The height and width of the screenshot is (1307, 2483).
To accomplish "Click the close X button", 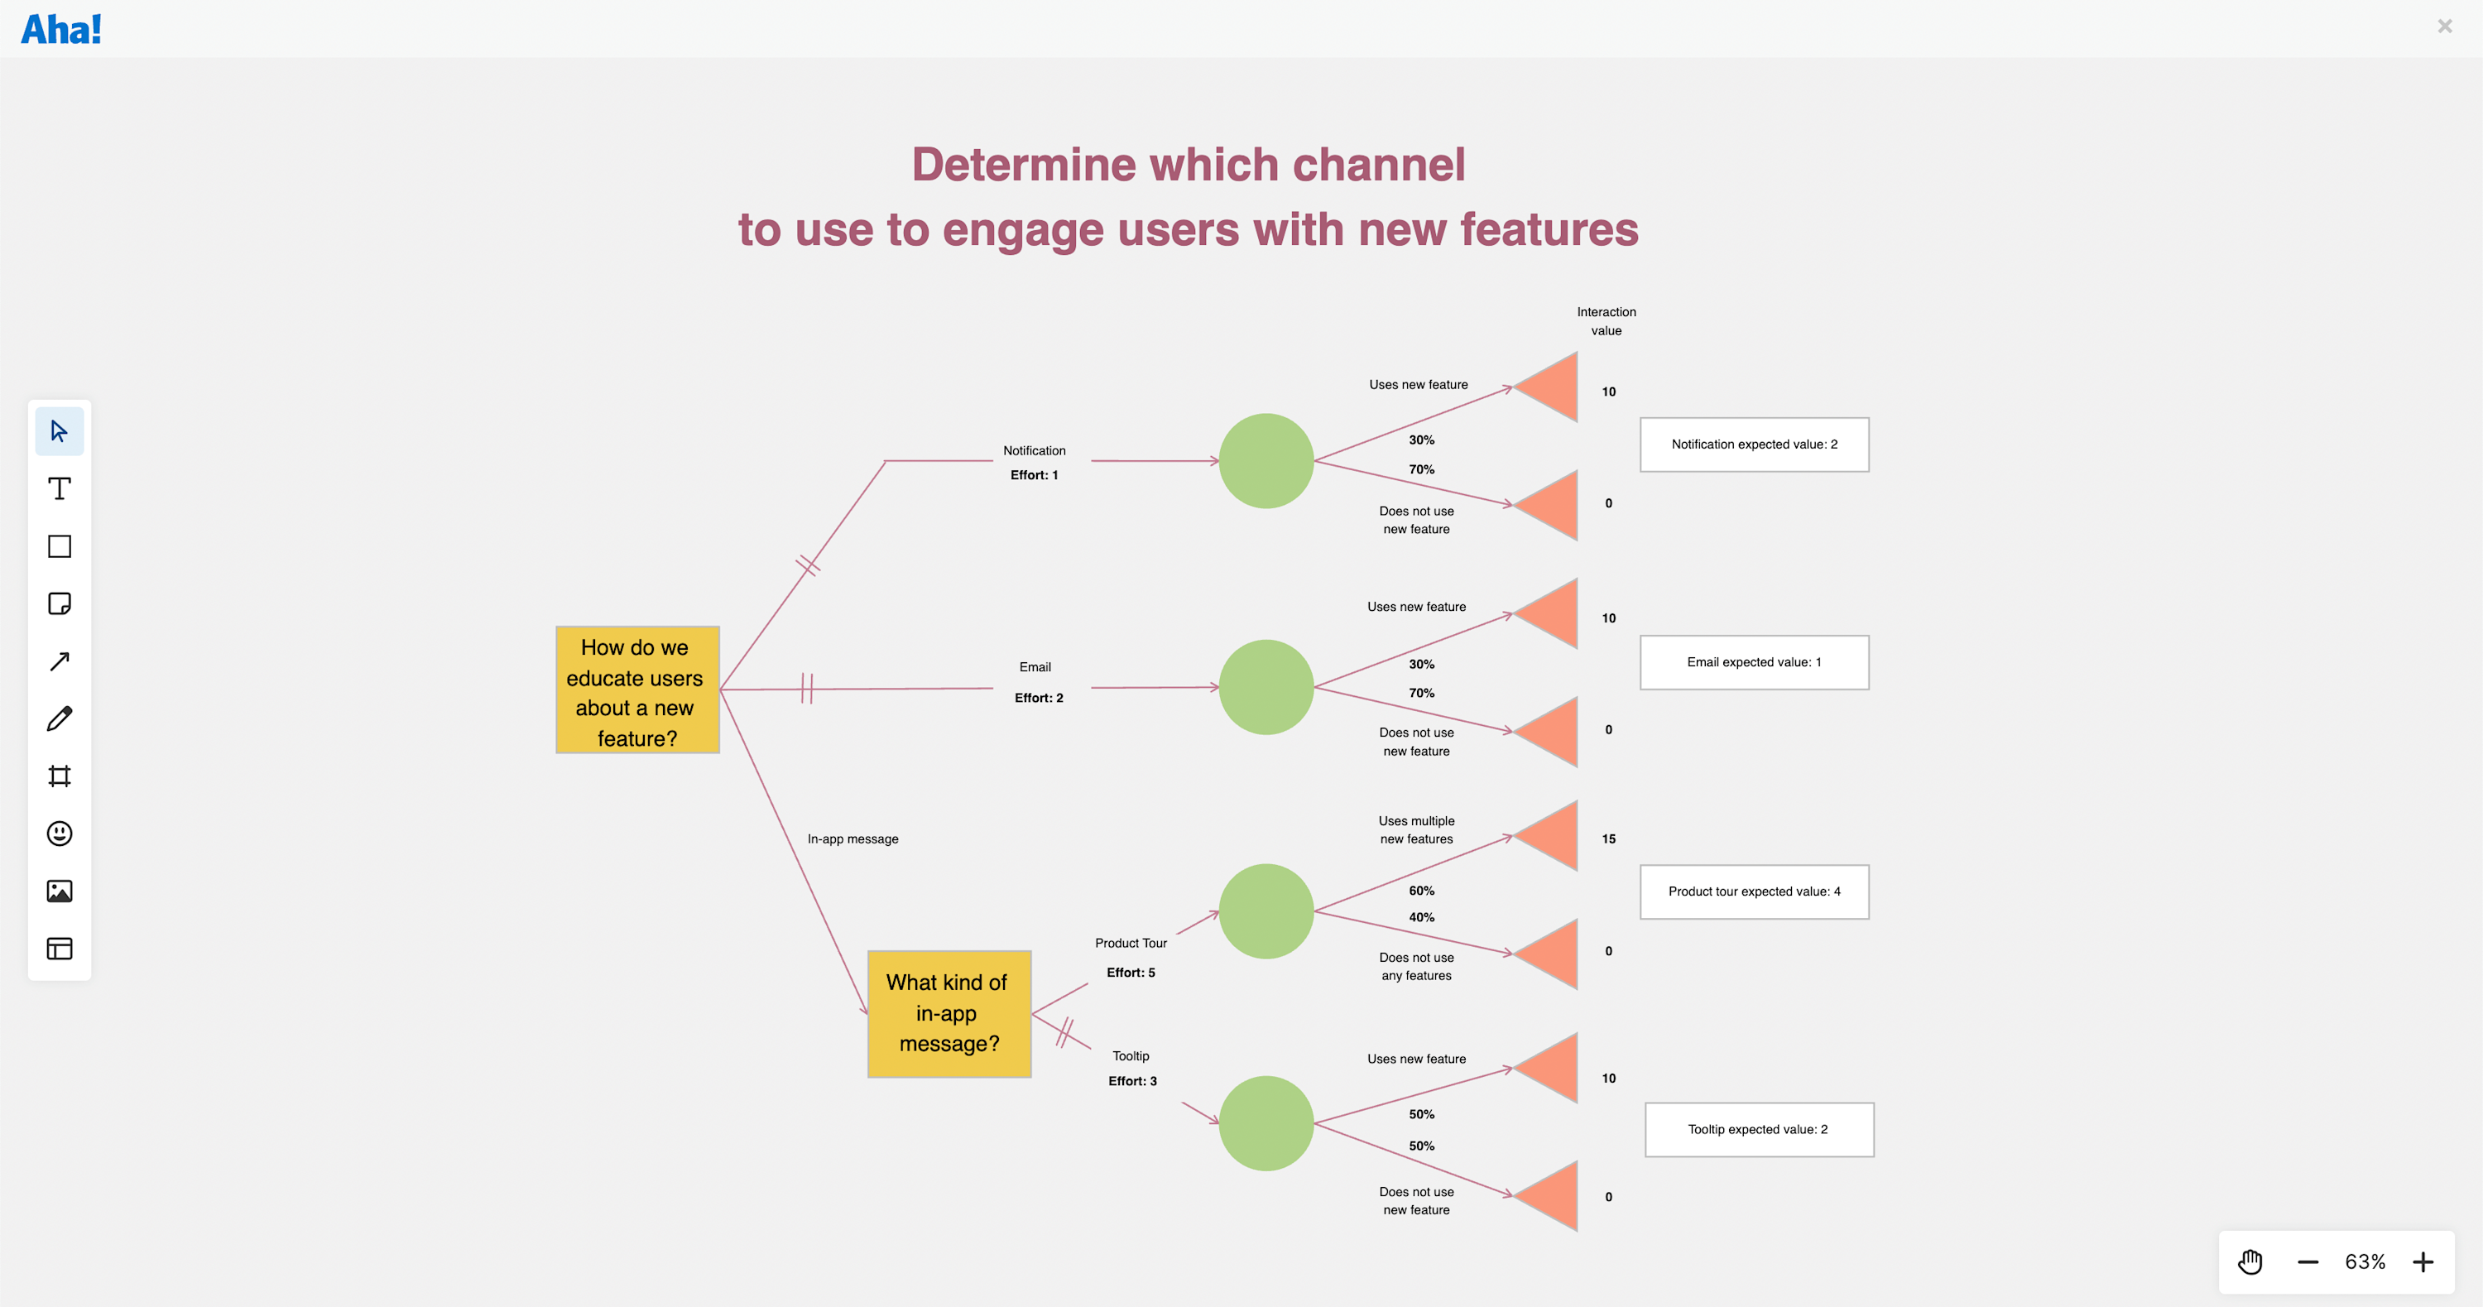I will [x=2444, y=26].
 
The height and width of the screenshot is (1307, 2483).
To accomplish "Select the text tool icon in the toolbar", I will [x=60, y=488].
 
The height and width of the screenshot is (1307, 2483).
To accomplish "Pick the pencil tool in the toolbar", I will [x=60, y=719].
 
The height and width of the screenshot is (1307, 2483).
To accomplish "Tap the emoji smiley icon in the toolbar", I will [x=60, y=834].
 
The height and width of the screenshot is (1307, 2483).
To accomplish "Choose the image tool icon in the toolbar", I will [x=60, y=891].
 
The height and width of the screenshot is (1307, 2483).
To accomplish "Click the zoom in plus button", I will [x=2423, y=1261].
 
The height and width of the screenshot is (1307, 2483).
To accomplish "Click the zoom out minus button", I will [x=2308, y=1261].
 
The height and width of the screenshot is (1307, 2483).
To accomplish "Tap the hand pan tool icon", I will [x=2250, y=1261].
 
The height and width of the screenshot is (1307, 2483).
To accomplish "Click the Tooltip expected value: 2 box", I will [x=1758, y=1130].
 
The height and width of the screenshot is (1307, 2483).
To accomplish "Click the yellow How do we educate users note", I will [x=637, y=690].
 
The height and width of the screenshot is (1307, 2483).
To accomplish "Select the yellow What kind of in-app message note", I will [x=949, y=1014].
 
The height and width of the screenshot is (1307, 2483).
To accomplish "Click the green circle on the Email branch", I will [x=1266, y=687].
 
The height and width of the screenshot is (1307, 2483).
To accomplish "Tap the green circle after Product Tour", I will [x=1266, y=911].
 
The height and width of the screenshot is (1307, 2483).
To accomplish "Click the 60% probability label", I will [x=1421, y=891].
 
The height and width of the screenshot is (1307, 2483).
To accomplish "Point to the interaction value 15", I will [x=1608, y=838].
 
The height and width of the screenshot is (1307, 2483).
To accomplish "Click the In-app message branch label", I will [x=852, y=838].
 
